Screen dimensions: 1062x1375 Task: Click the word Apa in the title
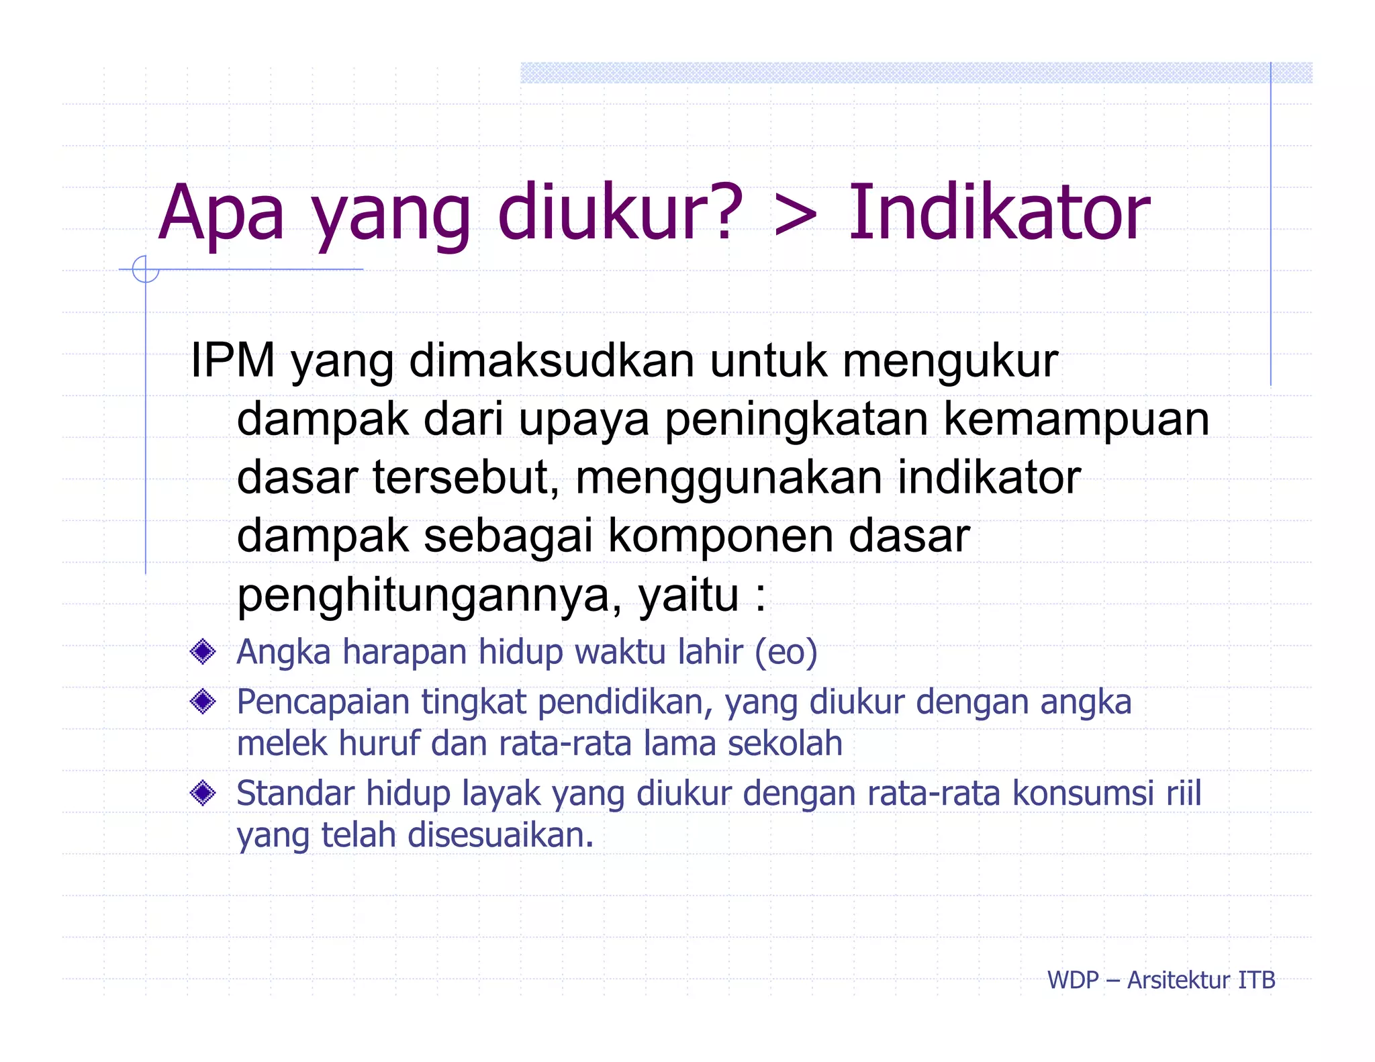[x=222, y=213]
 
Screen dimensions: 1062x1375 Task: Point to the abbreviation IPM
[x=232, y=360]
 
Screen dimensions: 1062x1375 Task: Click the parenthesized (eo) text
[x=786, y=652]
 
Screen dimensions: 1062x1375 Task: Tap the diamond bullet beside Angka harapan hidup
[x=203, y=651]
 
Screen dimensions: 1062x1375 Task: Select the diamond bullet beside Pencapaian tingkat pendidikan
[x=203, y=702]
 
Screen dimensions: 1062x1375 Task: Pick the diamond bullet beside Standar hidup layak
[x=203, y=793]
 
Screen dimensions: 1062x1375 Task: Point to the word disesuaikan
[x=500, y=835]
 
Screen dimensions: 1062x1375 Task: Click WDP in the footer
[x=1072, y=980]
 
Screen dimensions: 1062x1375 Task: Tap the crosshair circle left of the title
[x=146, y=269]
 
